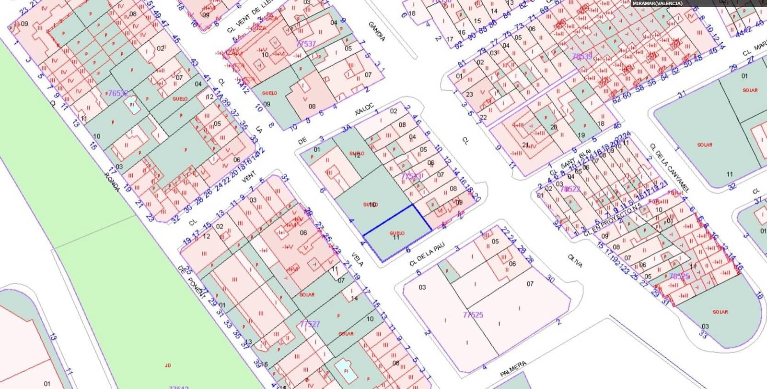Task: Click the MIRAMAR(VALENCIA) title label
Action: [x=657, y=3]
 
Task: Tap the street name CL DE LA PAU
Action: [x=427, y=255]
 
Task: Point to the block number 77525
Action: [x=473, y=315]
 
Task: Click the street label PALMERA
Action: [x=513, y=369]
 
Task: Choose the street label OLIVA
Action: [x=575, y=261]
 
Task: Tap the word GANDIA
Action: [x=376, y=31]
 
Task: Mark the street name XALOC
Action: [x=364, y=109]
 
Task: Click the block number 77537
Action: [x=306, y=44]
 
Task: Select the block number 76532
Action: [x=116, y=93]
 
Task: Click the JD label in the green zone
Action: [x=168, y=365]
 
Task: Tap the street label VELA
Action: [x=358, y=259]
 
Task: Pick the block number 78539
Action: [x=582, y=57]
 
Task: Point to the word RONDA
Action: [x=112, y=182]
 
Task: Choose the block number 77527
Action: [x=310, y=324]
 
